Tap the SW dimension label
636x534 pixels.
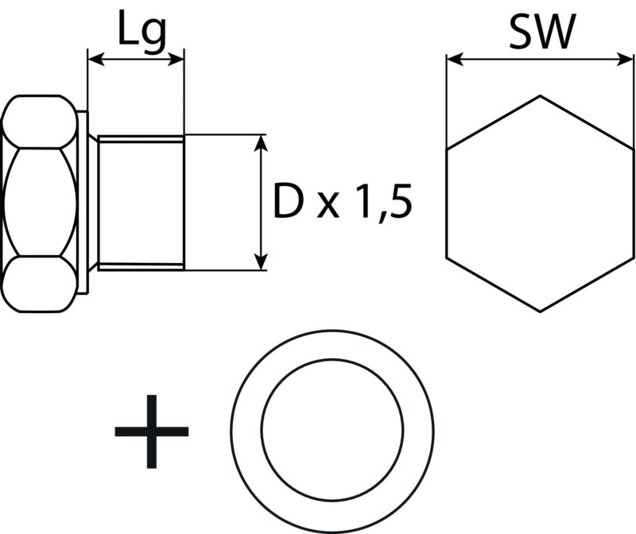pyautogui.click(x=543, y=32)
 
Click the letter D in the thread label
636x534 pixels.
pyautogui.click(x=289, y=201)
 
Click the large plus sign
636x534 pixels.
pyautogui.click(x=152, y=431)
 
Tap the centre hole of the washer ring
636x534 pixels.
pyautogui.click(x=332, y=430)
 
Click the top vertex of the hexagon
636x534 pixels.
pyautogui.click(x=540, y=95)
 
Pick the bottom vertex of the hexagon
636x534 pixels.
pyautogui.click(x=540, y=311)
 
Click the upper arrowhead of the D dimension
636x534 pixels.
pyautogui.click(x=262, y=143)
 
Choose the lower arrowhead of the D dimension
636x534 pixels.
pyautogui.click(x=262, y=261)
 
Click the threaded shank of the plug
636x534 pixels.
pyautogui.click(x=141, y=203)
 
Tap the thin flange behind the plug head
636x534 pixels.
pyautogui.click(x=83, y=202)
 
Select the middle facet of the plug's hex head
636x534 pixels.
pyautogui.click(x=39, y=202)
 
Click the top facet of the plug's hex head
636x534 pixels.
pyautogui.click(x=39, y=122)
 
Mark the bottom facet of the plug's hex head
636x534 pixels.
pyautogui.click(x=39, y=284)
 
